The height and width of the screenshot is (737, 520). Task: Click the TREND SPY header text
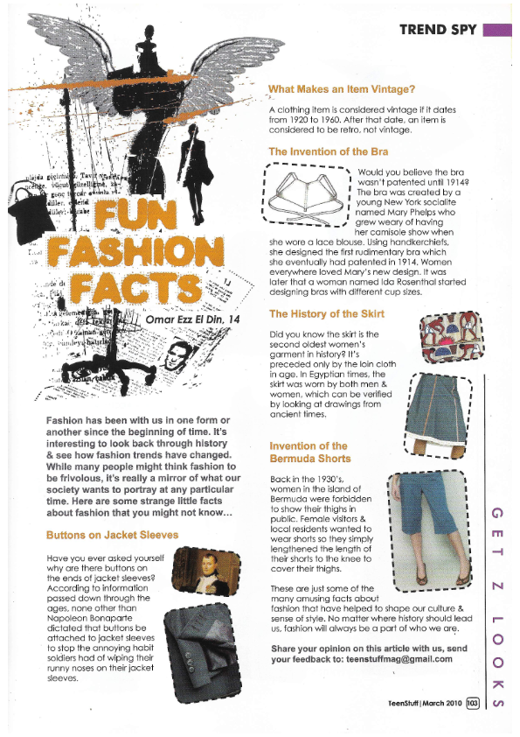437,30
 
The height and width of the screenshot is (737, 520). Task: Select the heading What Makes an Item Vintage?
342,89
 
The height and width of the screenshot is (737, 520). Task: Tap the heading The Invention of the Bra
329,151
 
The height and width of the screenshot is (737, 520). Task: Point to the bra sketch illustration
308,197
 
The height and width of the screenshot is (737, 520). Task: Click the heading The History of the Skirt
327,313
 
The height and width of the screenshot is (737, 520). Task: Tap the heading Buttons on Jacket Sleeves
112,535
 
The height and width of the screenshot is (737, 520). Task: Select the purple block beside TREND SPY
496,30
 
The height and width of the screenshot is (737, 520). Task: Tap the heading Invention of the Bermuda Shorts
309,452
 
